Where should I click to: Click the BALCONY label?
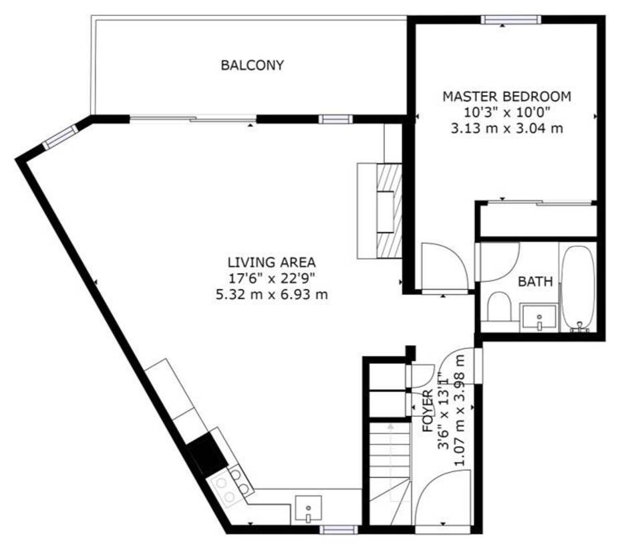pyautogui.click(x=253, y=65)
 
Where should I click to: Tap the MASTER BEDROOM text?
pyautogui.click(x=506, y=97)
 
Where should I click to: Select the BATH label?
pyautogui.click(x=535, y=282)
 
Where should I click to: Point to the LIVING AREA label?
pyautogui.click(x=271, y=262)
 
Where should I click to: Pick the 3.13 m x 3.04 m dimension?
pyautogui.click(x=506, y=129)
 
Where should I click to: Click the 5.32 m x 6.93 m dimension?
pyautogui.click(x=271, y=295)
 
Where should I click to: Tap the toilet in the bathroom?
pyautogui.click(x=498, y=307)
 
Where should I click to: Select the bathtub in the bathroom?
pyautogui.click(x=577, y=288)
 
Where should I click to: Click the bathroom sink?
pyautogui.click(x=538, y=318)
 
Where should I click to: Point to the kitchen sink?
pyautogui.click(x=309, y=508)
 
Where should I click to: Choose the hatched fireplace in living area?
pyautogui.click(x=389, y=211)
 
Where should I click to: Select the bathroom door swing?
pyautogui.click(x=498, y=261)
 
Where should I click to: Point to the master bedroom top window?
pyautogui.click(x=510, y=19)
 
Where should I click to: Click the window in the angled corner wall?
pyautogui.click(x=60, y=137)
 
